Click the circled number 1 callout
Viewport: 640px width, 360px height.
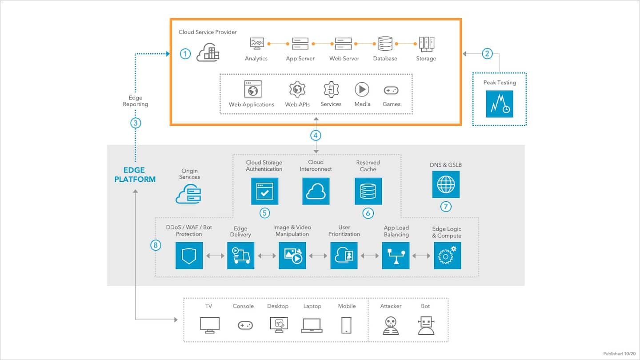pos(185,54)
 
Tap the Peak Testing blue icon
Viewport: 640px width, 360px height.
pos(500,104)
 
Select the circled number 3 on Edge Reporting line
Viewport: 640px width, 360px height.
pos(136,123)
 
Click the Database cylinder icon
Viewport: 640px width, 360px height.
pos(385,44)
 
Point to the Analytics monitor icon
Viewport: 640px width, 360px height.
pos(256,44)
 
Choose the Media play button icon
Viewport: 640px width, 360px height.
pos(362,89)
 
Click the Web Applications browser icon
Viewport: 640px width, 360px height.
pos(253,89)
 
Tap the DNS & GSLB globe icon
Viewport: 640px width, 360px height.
pos(446,184)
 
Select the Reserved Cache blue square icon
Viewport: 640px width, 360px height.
pos(368,191)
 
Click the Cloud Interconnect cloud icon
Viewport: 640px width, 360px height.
pos(316,191)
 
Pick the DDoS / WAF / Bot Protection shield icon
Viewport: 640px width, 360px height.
pos(189,256)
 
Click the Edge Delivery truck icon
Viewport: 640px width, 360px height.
pos(241,256)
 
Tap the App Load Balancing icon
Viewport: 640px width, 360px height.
pos(396,256)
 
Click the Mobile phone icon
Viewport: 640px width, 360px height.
pos(347,325)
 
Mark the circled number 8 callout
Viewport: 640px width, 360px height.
pos(156,245)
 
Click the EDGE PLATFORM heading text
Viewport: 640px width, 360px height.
pos(135,175)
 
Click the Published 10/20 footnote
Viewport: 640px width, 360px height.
pos(619,354)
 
